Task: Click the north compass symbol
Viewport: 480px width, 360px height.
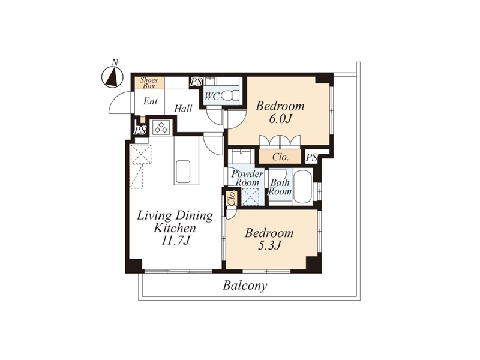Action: tap(112, 77)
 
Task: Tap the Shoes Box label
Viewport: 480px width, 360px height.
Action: tap(149, 83)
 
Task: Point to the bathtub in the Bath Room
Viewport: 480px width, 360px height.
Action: tap(302, 187)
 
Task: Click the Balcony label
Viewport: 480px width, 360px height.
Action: tap(245, 286)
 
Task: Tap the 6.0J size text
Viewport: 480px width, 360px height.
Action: tap(280, 119)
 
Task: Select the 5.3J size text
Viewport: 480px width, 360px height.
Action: tap(269, 245)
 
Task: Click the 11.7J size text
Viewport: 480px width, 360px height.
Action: tap(176, 241)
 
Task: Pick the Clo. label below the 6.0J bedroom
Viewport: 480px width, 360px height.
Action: tap(281, 157)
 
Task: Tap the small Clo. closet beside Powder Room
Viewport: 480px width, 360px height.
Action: tap(232, 198)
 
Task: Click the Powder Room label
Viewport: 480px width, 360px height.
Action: tap(247, 178)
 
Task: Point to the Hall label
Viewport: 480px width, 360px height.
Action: tap(183, 109)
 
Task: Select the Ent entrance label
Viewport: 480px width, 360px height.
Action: tap(151, 101)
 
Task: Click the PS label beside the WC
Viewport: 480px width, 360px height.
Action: tap(196, 82)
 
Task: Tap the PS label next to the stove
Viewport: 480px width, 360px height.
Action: tap(140, 130)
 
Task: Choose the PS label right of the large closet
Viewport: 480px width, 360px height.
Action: tap(311, 158)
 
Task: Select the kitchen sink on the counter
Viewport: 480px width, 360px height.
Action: tap(182, 171)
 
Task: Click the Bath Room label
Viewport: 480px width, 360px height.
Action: tap(280, 187)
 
